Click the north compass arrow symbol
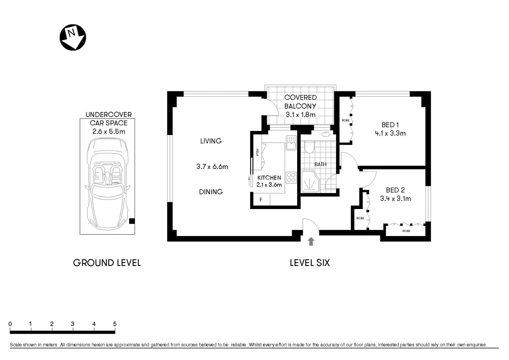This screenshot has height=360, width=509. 73,37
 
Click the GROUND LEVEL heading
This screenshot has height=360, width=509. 107,263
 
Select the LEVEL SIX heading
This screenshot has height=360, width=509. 309,263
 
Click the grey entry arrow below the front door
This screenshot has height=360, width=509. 311,241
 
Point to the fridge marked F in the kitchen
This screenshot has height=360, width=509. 261,200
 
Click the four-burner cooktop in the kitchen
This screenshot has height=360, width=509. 291,177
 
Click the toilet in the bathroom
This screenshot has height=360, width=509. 309,147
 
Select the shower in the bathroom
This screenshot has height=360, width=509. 310,182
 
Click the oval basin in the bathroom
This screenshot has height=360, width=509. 325,134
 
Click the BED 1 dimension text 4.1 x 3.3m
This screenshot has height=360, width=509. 390,133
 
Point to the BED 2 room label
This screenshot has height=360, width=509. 395,190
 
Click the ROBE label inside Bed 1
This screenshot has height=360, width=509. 345,120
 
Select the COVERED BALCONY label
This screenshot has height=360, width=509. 300,102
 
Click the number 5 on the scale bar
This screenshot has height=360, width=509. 115,324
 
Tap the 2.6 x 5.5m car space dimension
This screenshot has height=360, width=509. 109,132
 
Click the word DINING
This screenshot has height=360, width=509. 211,192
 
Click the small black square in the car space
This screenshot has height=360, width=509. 132,221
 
